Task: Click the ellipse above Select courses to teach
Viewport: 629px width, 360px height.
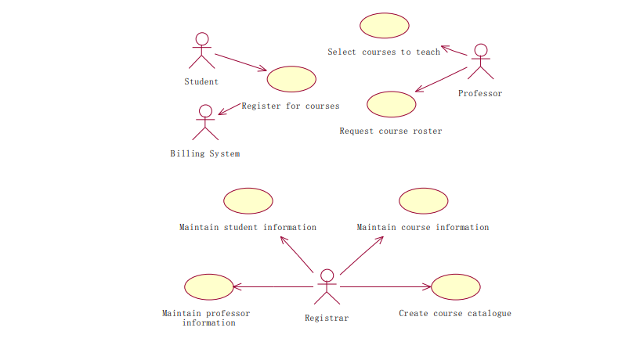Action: pos(385,26)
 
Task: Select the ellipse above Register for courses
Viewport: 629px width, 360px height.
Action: pos(291,79)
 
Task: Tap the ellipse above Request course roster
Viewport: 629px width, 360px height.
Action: pos(392,104)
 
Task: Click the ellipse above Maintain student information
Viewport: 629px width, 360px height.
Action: pos(248,201)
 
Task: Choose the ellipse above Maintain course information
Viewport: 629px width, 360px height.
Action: pos(424,201)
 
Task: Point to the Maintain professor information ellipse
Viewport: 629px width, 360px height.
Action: pos(209,287)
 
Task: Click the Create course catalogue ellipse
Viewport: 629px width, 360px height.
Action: pos(456,287)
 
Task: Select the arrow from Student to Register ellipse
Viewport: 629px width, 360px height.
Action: pos(240,62)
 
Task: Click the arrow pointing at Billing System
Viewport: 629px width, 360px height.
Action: pos(229,109)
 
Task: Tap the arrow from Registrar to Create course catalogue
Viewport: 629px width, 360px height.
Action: pos(385,286)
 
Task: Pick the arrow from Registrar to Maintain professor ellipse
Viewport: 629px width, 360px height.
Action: pos(273,286)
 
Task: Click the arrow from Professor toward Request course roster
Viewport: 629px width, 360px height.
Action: pos(441,79)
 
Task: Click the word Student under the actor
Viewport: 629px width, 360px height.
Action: pos(201,81)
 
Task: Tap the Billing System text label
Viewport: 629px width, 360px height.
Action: pos(205,153)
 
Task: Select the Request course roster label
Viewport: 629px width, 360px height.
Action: pos(391,131)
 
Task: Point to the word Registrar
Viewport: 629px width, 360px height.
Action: pos(327,318)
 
